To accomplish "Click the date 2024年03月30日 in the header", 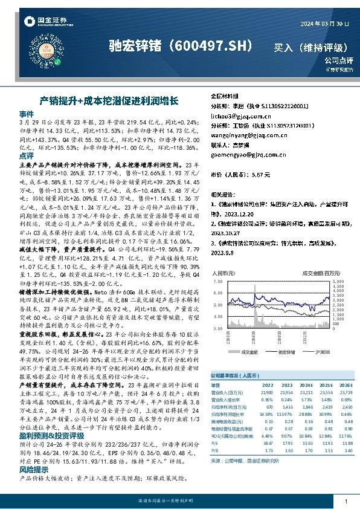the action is point(324,22).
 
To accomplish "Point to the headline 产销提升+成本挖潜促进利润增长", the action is point(108,99).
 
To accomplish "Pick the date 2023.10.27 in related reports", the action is point(225,230).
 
